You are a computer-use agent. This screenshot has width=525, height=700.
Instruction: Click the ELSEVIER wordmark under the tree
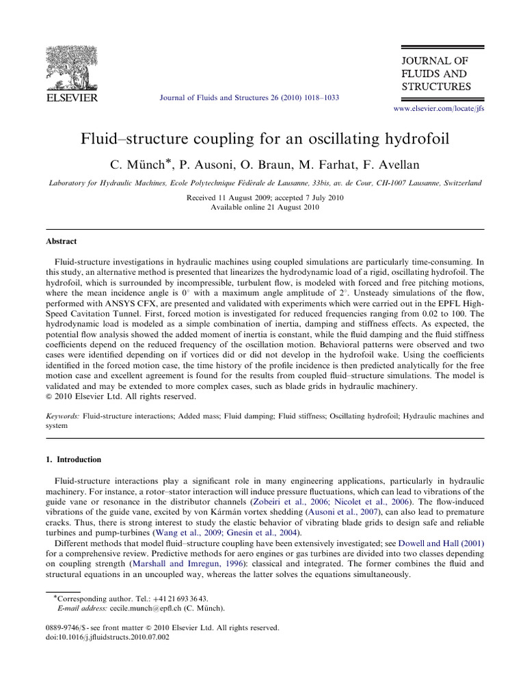tap(71, 98)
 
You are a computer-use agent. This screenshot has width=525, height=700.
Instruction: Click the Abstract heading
tap(61, 241)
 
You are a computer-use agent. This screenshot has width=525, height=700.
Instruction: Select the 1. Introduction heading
tap(73, 459)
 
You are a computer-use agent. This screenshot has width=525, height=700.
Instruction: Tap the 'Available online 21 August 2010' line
tap(265, 206)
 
